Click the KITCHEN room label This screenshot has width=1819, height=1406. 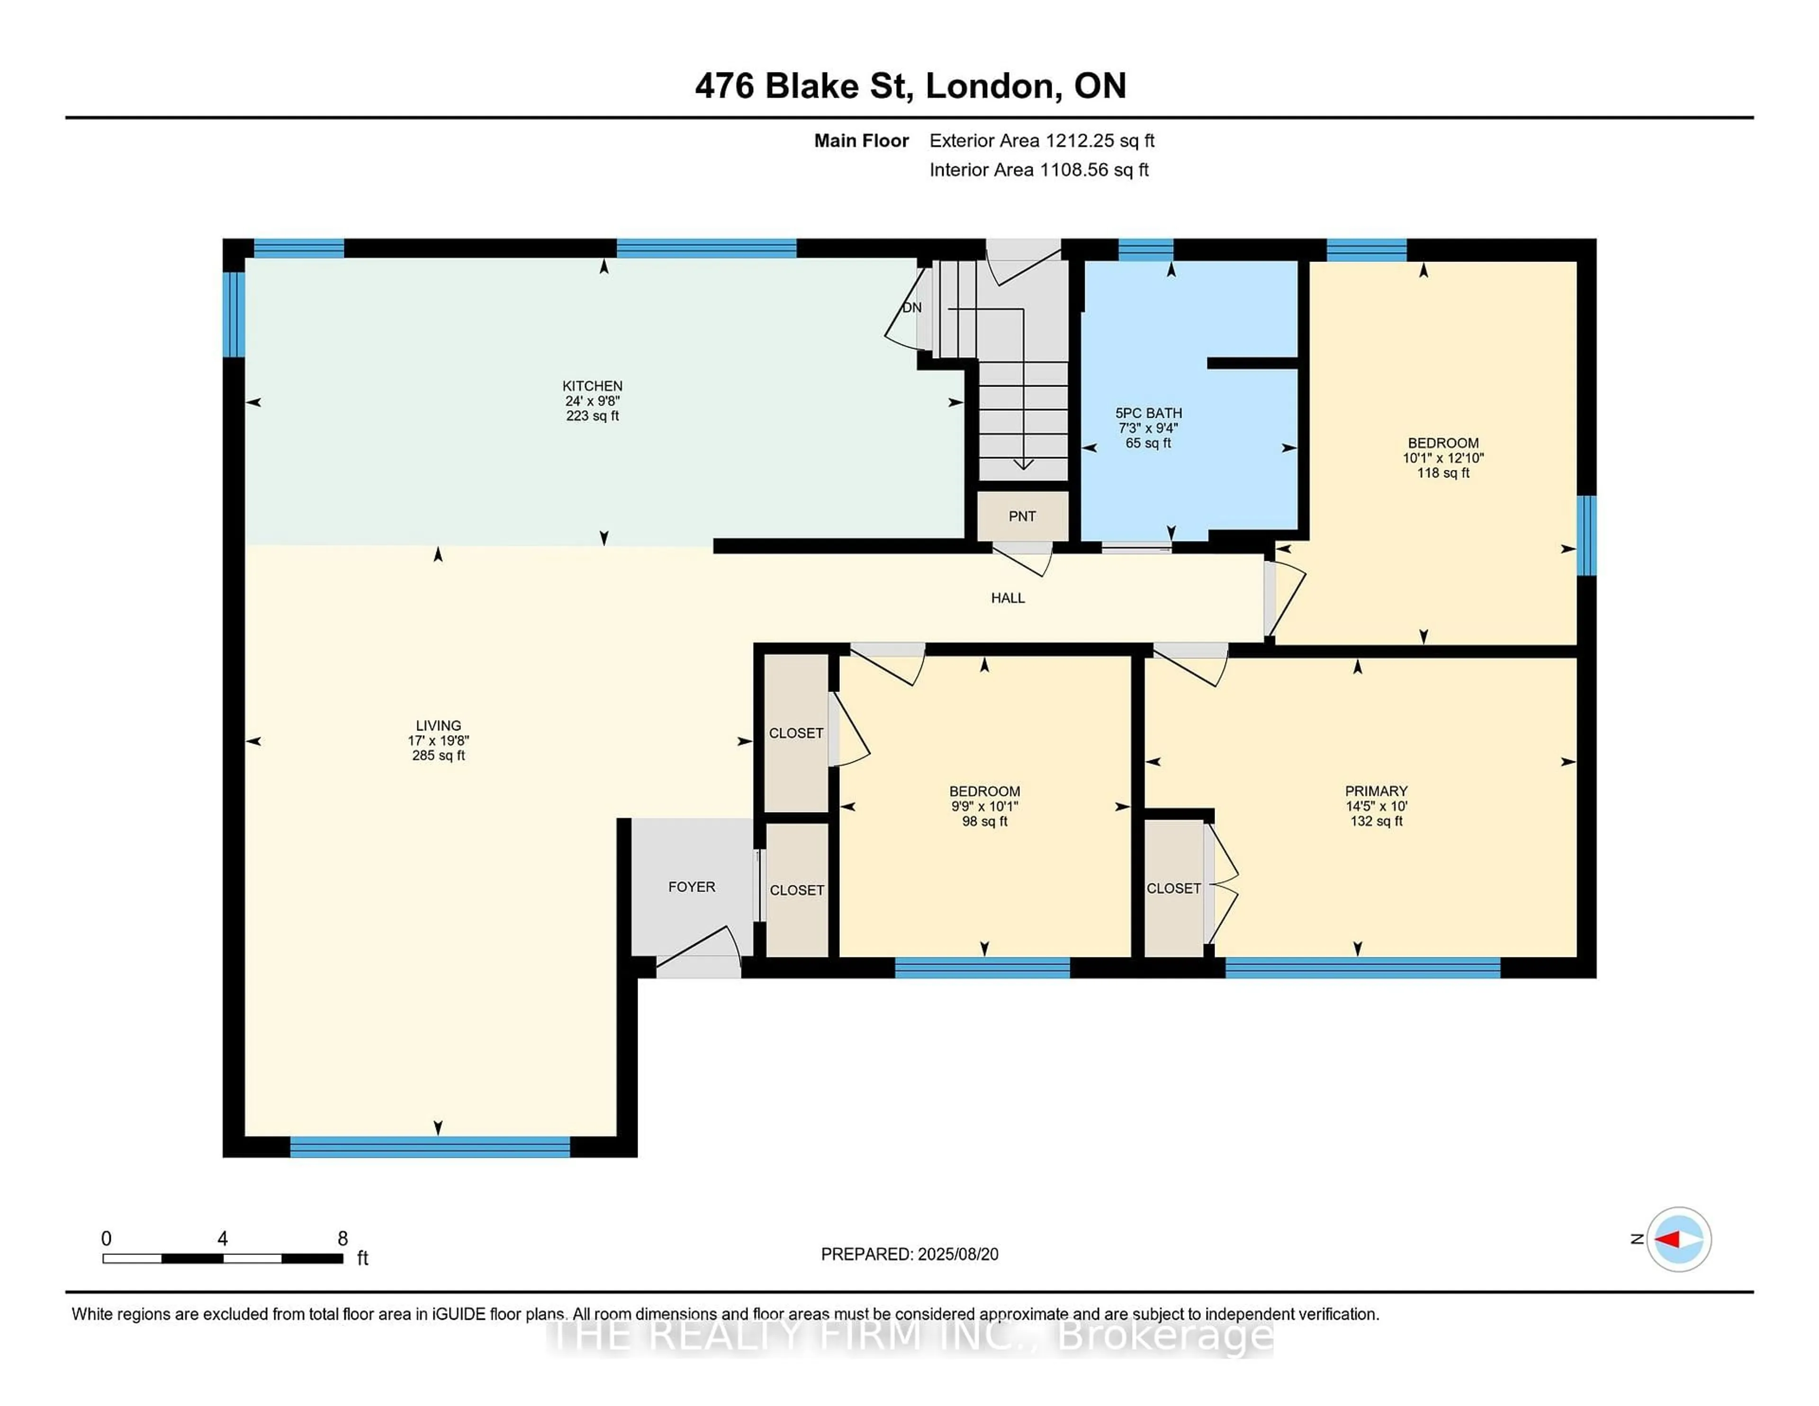pos(592,386)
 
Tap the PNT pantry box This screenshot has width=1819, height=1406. pos(1022,516)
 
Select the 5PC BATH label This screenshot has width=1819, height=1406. pos(1149,413)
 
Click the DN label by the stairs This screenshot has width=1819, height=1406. pos(912,307)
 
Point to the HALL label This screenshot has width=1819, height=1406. pos(1008,598)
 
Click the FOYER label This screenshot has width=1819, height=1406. pos(691,887)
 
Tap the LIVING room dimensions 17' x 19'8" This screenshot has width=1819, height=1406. pos(438,740)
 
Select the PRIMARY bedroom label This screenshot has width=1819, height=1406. pos(1376,791)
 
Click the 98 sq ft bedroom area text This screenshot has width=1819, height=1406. pos(984,821)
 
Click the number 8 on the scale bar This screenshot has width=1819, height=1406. pos(342,1239)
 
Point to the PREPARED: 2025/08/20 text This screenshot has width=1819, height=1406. pos(909,1254)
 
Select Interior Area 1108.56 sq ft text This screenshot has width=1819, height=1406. pos(1039,170)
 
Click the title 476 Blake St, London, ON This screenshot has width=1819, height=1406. pos(910,86)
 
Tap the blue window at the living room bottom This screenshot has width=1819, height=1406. pos(430,1147)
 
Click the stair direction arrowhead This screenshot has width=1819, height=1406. pos(1023,464)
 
